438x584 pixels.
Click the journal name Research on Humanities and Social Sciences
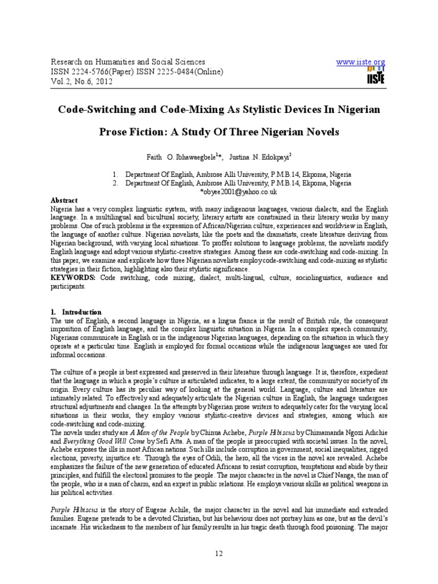[x=128, y=62]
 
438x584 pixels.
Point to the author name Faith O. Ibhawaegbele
[x=175, y=156]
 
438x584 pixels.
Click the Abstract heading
[x=64, y=201]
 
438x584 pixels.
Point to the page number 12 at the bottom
[x=218, y=553]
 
